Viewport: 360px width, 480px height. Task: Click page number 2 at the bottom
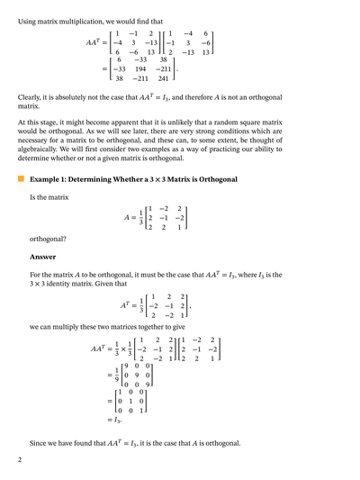[x=20, y=460]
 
